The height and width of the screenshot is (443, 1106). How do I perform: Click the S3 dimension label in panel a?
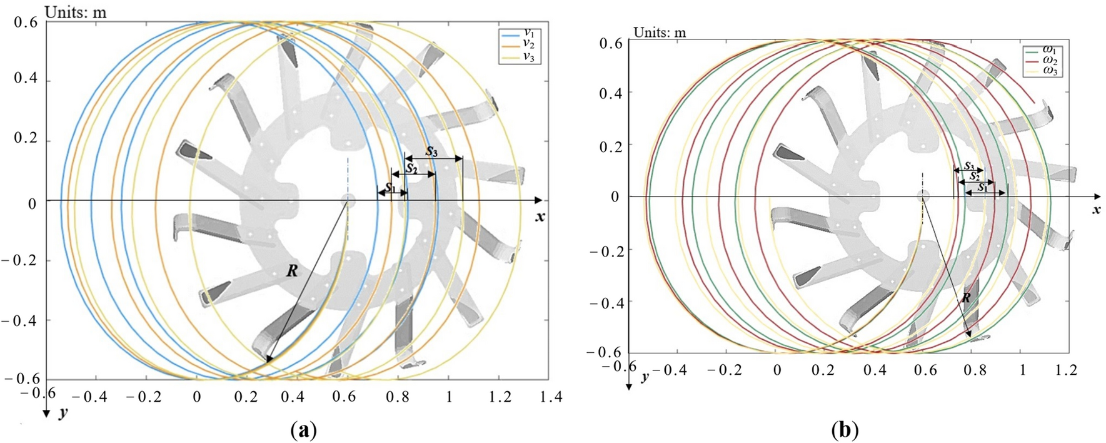[x=431, y=151]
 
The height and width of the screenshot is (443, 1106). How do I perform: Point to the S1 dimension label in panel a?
[x=390, y=186]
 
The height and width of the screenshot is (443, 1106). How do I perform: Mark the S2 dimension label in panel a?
[x=411, y=168]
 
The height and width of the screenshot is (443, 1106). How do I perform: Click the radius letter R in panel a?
[x=291, y=271]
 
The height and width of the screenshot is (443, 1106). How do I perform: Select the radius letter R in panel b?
[x=966, y=298]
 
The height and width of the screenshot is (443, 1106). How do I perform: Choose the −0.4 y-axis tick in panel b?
[x=604, y=302]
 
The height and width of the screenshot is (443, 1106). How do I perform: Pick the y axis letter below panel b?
[x=644, y=377]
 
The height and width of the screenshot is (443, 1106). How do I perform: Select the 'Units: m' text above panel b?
[x=660, y=33]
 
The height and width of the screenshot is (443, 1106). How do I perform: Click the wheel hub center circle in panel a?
[x=348, y=200]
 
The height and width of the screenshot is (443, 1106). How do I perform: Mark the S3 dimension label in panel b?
[x=968, y=166]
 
